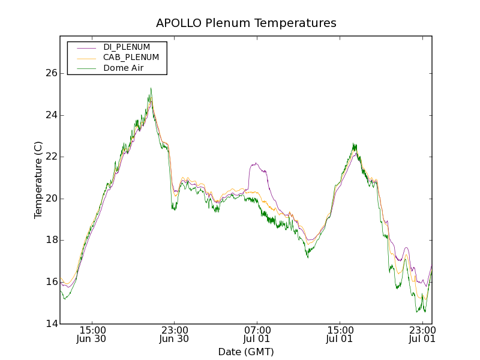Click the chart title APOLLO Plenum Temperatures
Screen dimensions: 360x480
pyautogui.click(x=246, y=23)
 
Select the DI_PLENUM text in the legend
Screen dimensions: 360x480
pyautogui.click(x=131, y=47)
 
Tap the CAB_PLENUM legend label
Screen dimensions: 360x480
pyautogui.click(x=131, y=58)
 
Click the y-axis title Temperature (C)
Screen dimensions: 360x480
pyautogui.click(x=38, y=180)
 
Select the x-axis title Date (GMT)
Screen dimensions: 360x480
pyautogui.click(x=246, y=352)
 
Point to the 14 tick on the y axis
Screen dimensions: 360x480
pyautogui.click(x=51, y=324)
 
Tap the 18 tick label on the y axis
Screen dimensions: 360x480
pyautogui.click(x=51, y=241)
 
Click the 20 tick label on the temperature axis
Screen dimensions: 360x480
pyautogui.click(x=51, y=199)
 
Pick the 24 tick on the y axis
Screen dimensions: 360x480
pyautogui.click(x=51, y=115)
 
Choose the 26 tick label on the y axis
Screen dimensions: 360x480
pyautogui.click(x=51, y=73)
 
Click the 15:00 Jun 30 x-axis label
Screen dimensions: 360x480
pyautogui.click(x=93, y=334)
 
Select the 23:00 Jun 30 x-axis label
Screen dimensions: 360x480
pyautogui.click(x=175, y=334)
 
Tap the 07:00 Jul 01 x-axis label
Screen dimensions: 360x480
pyautogui.click(x=257, y=334)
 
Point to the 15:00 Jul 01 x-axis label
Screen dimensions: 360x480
pyautogui.click(x=340, y=334)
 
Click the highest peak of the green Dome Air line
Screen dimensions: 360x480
pyautogui.click(x=151, y=88)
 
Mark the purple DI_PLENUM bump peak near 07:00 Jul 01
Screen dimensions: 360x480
pyautogui.click(x=256, y=163)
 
